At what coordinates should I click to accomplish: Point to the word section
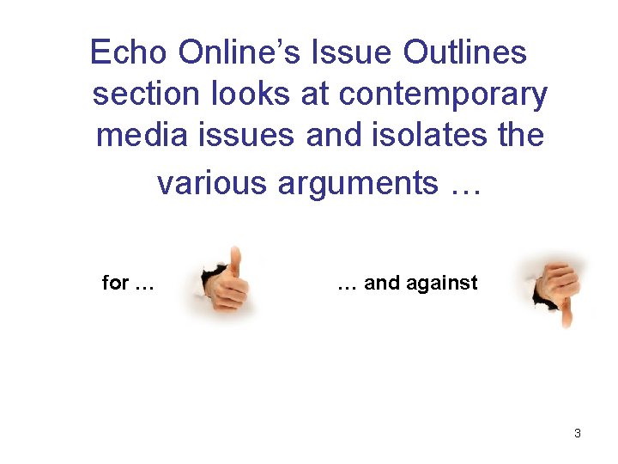click(x=144, y=95)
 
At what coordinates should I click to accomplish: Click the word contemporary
click(x=443, y=95)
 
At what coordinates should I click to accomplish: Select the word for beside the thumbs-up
click(x=116, y=283)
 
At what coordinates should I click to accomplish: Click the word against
click(x=447, y=283)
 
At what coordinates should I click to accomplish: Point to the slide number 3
click(x=578, y=433)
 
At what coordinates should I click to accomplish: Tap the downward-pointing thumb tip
click(x=566, y=320)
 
